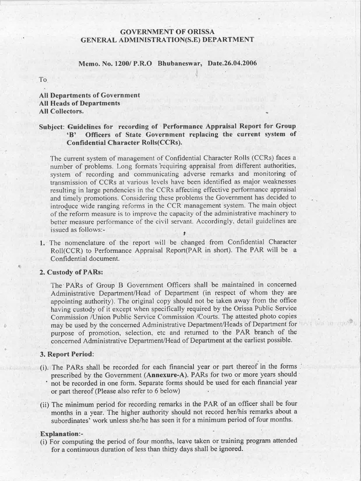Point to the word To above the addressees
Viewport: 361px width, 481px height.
click(43, 80)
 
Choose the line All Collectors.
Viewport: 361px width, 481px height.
click(62, 111)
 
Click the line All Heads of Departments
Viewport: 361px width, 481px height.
click(79, 103)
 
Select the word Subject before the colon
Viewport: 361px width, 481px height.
click(52, 127)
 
